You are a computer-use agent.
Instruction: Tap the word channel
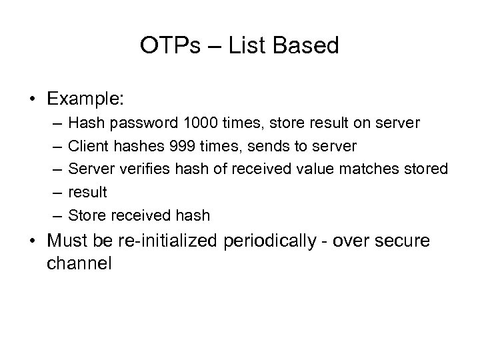pos(79,263)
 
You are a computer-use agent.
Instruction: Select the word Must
pos(67,240)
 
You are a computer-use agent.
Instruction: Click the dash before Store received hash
pos(53,215)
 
